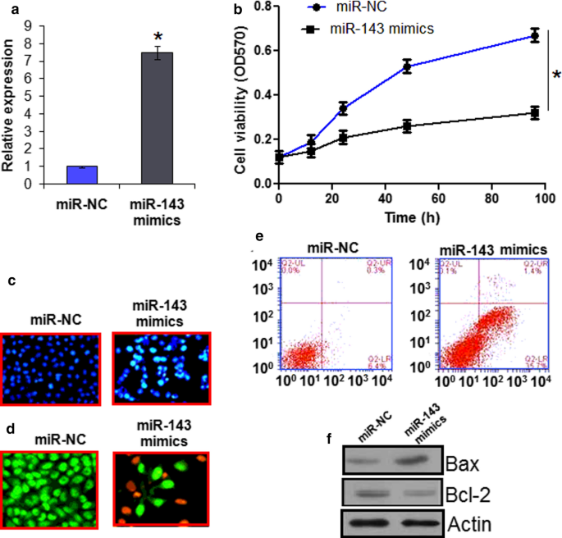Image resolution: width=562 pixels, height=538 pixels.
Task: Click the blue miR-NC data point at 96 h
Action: (x=534, y=35)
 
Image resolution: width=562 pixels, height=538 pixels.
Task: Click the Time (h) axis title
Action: (x=407, y=217)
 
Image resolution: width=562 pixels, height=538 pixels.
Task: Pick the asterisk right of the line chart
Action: (x=556, y=75)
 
